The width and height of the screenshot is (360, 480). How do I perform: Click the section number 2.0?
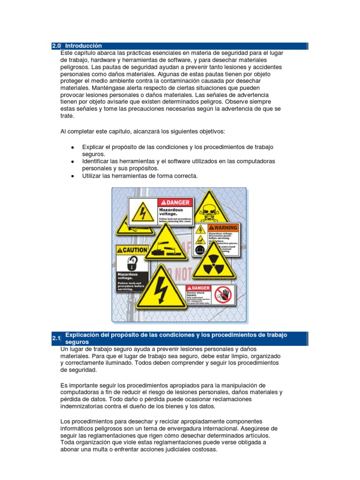point(56,46)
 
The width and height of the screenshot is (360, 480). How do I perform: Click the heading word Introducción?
point(83,46)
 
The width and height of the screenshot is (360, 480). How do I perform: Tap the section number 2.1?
point(56,338)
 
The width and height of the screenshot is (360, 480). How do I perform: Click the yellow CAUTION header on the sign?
point(132,250)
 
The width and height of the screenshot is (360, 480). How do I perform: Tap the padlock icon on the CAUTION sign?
point(132,262)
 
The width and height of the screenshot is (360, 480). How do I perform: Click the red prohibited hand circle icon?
point(223,295)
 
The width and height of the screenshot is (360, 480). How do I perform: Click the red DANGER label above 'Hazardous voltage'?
point(175,202)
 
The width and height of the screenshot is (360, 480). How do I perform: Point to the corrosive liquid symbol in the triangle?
point(165,245)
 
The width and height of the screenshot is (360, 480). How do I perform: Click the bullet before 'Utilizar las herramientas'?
point(72,176)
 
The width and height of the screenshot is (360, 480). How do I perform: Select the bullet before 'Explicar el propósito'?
point(72,147)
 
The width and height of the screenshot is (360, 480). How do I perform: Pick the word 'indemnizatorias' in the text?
point(85,406)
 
